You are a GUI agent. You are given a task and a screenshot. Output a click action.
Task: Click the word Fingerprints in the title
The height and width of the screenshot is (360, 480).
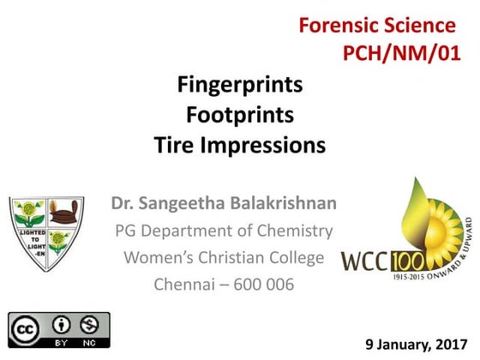(240, 86)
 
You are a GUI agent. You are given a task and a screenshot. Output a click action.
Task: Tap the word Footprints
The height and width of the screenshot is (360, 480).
(240, 115)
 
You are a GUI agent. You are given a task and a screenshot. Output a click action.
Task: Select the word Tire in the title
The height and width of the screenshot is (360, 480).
(174, 145)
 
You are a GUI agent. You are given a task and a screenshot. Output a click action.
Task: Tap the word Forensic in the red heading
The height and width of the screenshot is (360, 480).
(338, 25)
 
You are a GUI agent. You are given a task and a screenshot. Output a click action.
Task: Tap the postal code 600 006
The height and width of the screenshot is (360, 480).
(259, 284)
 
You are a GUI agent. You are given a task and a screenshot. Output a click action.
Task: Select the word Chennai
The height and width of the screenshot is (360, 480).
(183, 284)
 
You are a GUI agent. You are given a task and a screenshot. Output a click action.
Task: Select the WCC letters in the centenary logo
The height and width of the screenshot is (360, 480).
(368, 260)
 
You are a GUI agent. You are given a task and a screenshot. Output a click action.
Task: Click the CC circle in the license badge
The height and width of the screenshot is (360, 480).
(28, 326)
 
